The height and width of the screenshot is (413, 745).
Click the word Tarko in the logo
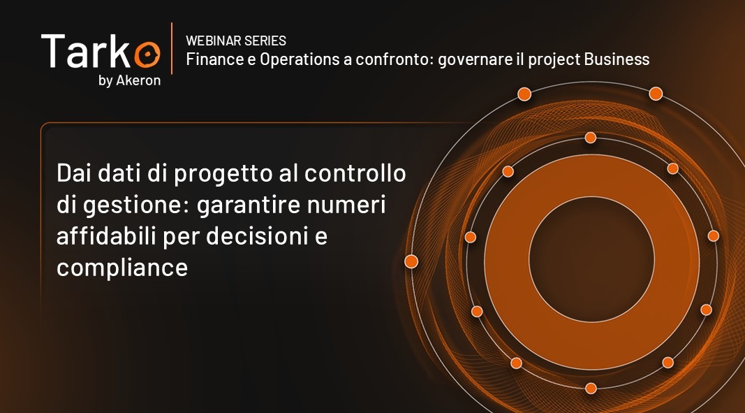[101, 51]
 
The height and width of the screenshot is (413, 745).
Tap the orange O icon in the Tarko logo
[147, 55]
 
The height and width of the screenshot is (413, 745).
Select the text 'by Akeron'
[129, 81]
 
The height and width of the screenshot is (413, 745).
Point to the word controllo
[355, 173]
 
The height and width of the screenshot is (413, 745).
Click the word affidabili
[108, 236]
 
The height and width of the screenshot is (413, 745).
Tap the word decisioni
[258, 236]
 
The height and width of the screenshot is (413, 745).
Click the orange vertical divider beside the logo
[172, 48]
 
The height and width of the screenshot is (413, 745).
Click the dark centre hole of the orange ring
[591, 259]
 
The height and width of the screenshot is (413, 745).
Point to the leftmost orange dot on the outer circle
[411, 261]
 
